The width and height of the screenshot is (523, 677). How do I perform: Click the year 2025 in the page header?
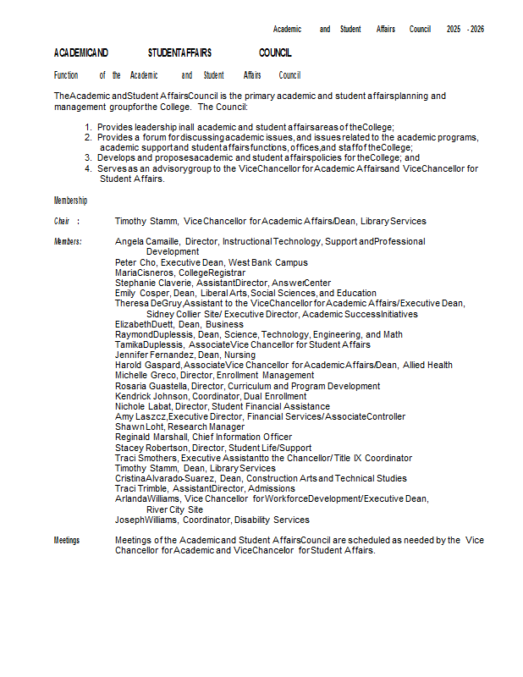(x=454, y=29)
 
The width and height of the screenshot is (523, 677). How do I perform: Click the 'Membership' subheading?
(x=70, y=201)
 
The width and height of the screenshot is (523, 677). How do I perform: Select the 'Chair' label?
(x=62, y=221)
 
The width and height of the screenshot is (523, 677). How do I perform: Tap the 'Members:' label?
(x=68, y=242)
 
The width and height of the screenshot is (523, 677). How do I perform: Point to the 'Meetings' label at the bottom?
(x=67, y=540)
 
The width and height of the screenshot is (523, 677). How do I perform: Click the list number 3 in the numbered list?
(x=88, y=157)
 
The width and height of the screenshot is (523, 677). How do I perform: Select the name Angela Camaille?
(x=146, y=242)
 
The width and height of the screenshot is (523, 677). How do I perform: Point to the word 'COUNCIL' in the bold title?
(x=275, y=52)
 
